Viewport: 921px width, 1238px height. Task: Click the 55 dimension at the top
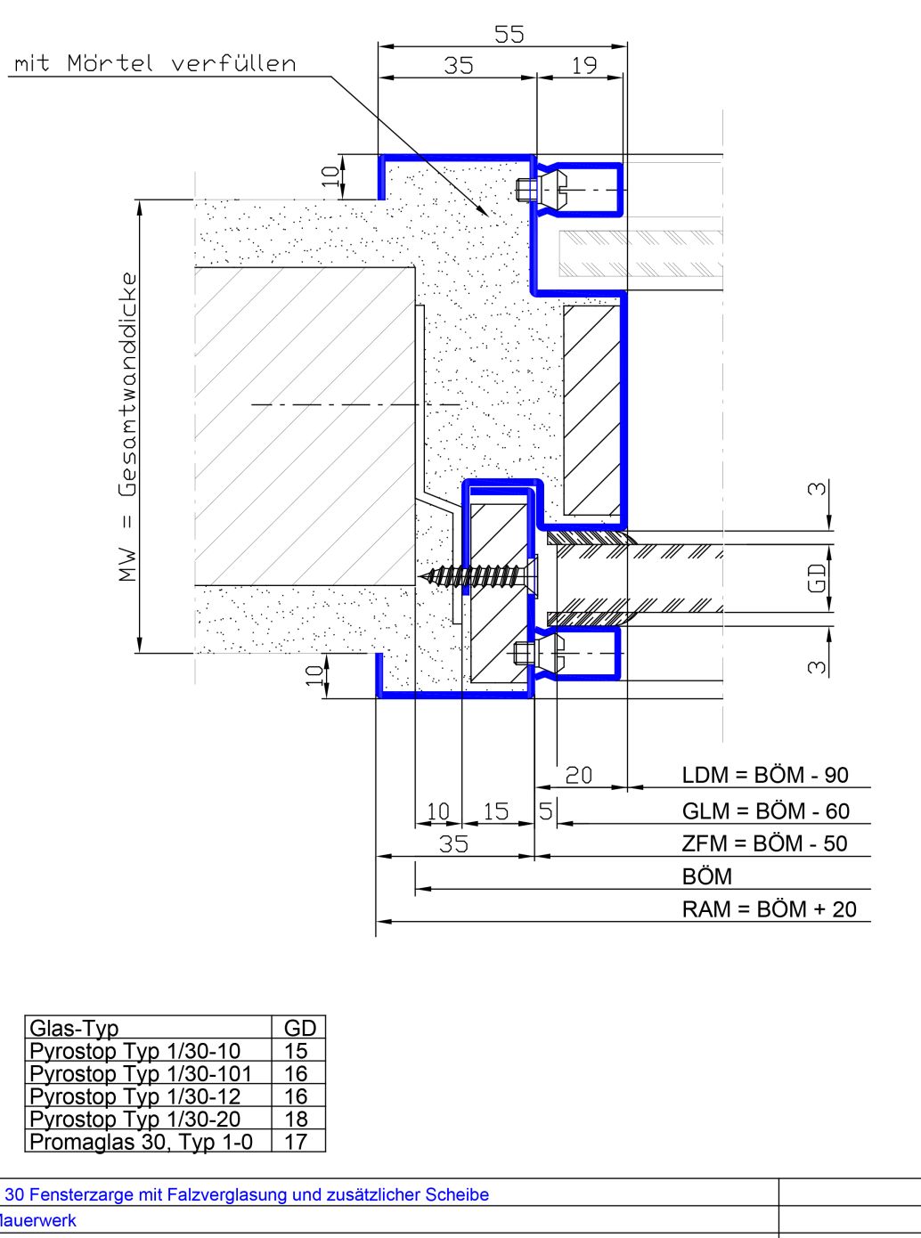point(509,35)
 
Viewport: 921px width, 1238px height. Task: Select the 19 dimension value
point(583,66)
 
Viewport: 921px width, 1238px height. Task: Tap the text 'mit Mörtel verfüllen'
point(155,63)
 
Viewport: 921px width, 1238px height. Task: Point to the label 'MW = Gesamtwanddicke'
point(128,427)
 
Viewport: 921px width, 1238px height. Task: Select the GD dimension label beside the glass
point(817,578)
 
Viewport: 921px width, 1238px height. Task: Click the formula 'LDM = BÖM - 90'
point(765,775)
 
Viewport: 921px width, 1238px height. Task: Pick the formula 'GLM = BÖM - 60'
point(766,811)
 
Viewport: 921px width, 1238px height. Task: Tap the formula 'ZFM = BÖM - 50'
point(765,843)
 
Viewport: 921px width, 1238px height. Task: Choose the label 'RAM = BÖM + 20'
point(770,909)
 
